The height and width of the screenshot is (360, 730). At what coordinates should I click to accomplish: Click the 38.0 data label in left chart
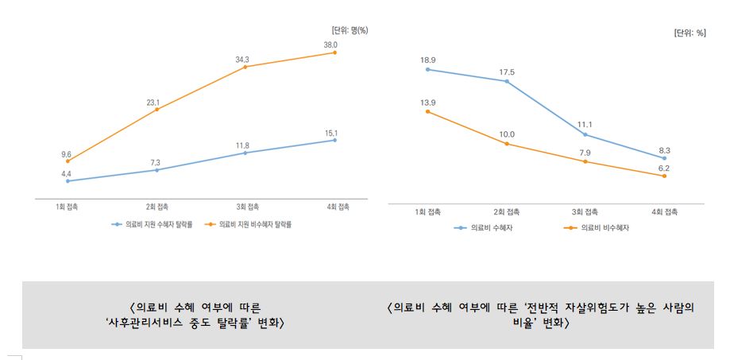click(x=330, y=45)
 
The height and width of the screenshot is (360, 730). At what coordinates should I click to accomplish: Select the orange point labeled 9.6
click(x=68, y=161)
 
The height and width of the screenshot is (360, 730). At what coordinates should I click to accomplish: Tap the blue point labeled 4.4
click(x=68, y=181)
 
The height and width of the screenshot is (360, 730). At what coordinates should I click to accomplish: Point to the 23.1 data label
click(x=153, y=103)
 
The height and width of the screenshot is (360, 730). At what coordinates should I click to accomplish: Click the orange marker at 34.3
click(x=245, y=67)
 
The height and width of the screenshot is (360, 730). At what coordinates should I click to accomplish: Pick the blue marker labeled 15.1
click(x=334, y=140)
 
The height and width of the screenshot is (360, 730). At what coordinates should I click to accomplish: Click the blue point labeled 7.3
click(x=156, y=170)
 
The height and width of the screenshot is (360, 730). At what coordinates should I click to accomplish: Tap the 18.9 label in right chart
click(x=427, y=60)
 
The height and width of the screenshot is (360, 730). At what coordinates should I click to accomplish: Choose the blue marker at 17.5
click(x=506, y=81)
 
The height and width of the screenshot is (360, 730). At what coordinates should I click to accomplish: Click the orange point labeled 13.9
click(x=427, y=111)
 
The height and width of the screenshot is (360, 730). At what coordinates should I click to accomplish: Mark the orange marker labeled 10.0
click(x=506, y=144)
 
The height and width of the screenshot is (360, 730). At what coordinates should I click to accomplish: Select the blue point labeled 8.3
click(x=664, y=158)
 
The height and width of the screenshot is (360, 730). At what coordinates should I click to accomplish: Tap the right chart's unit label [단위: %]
click(x=689, y=33)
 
